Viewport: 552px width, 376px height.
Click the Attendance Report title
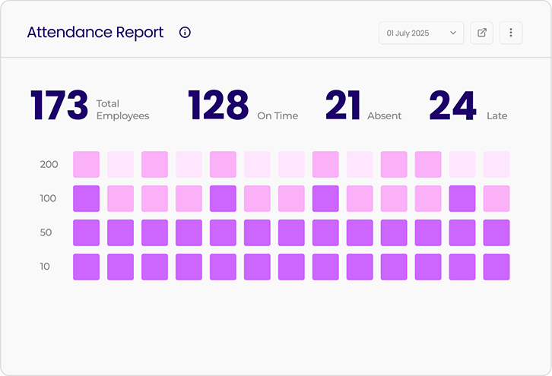95,33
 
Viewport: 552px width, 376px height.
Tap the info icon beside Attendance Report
185,33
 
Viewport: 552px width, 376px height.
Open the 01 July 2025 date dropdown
421,33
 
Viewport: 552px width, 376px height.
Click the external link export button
481,33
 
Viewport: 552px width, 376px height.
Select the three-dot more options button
511,33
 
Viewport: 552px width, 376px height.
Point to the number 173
59,106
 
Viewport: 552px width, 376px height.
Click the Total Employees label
122,110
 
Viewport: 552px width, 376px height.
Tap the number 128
218,106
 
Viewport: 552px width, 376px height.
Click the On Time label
278,116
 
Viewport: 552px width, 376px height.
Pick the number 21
343,106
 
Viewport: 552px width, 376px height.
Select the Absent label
384,116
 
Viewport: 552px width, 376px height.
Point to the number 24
452,106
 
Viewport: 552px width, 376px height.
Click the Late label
496,116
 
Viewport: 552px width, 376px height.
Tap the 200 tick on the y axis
49,164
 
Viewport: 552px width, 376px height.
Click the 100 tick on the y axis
49,198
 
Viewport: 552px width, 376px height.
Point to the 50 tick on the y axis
46,232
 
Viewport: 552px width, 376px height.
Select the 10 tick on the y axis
45,267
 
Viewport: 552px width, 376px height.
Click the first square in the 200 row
86,164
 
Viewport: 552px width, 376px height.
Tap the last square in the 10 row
496,267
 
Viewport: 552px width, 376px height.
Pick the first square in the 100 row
86,198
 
